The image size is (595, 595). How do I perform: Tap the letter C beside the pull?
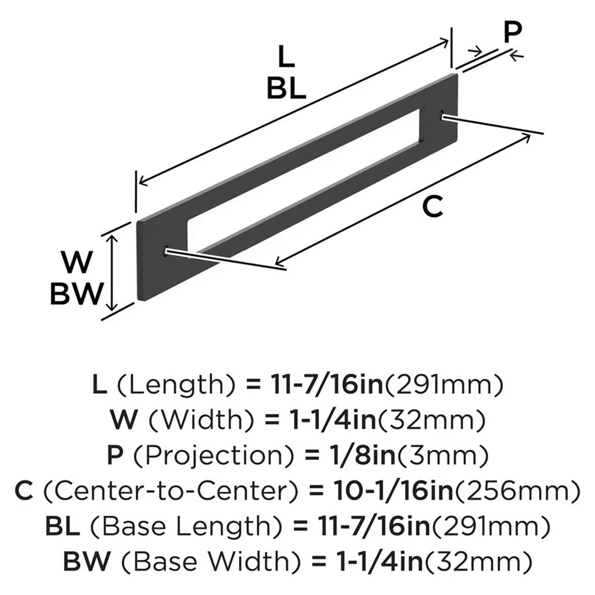433,206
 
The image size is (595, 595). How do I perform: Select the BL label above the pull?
286,89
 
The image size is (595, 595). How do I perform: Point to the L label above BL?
286,58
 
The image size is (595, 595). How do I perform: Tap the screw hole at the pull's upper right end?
441,115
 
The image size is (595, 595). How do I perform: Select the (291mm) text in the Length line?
445,386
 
